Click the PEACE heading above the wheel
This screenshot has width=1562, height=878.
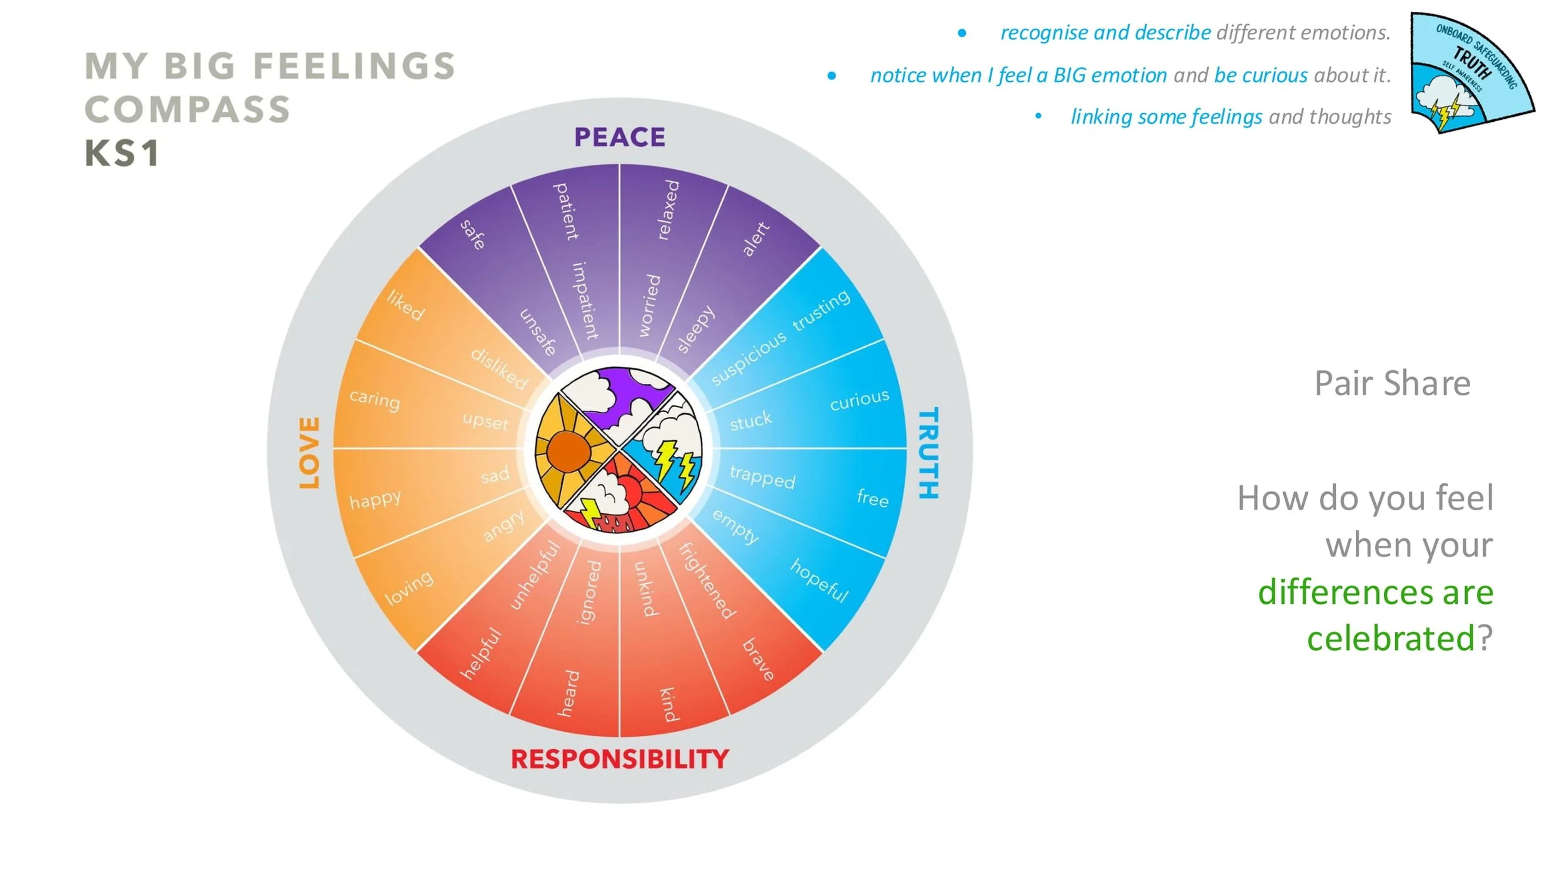point(620,137)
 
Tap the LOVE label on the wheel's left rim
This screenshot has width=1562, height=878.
point(309,453)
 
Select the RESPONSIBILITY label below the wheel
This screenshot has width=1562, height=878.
point(620,759)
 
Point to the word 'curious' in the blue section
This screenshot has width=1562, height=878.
point(859,400)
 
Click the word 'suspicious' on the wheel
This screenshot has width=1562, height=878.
point(749,358)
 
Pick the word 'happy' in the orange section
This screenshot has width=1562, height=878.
point(375,500)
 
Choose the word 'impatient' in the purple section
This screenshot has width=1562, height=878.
point(585,300)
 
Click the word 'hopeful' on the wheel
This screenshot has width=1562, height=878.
point(819,580)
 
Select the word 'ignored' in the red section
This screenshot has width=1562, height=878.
point(589,592)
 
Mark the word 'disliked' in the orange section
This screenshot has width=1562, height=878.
point(499,368)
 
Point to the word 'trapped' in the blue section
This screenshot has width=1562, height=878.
point(762,477)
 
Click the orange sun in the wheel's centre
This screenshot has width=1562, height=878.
point(568,451)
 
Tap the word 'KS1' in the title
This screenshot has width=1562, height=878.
point(122,154)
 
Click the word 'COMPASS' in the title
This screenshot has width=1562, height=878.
point(187,110)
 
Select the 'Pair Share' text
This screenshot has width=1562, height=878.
point(1392,383)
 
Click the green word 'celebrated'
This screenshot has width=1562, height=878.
point(1390,638)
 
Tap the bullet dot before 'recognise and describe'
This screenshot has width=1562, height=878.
point(962,33)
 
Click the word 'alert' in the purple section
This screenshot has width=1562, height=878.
point(755,239)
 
